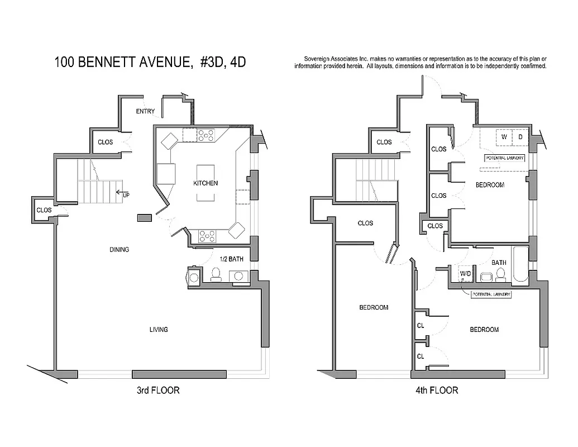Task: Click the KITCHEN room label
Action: [x=206, y=183]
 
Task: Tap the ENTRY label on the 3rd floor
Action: [x=145, y=112]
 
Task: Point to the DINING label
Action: [x=119, y=250]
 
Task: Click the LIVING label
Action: [x=159, y=330]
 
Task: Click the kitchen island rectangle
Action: [x=205, y=183]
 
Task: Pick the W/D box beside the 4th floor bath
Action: [x=465, y=274]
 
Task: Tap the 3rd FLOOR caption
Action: [x=158, y=391]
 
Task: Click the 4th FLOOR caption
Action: [x=437, y=391]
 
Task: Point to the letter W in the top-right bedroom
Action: [x=504, y=137]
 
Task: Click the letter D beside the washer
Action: [x=519, y=137]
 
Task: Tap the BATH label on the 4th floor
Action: [x=499, y=263]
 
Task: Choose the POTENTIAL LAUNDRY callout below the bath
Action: [x=491, y=295]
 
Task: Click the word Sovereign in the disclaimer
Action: [x=316, y=59]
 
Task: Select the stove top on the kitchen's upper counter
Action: [x=206, y=134]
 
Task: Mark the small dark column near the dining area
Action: [x=144, y=217]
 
